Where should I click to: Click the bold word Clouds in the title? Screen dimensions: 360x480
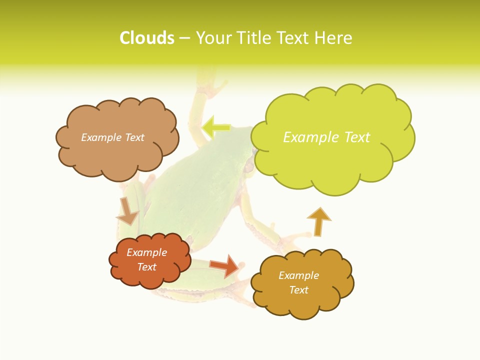click(x=147, y=38)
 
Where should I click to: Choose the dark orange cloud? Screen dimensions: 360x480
click(x=150, y=277)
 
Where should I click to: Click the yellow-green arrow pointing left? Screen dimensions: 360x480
click(x=215, y=127)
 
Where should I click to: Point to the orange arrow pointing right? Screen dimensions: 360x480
click(x=224, y=266)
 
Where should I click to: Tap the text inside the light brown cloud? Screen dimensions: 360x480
click(x=112, y=137)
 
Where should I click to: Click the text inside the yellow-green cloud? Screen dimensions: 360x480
click(x=326, y=137)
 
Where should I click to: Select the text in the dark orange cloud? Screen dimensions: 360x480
click(x=147, y=259)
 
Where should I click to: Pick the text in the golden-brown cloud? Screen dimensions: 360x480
click(x=298, y=282)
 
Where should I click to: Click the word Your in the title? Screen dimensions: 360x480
click(x=212, y=38)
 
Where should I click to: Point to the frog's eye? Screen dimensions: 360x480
click(x=248, y=168)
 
